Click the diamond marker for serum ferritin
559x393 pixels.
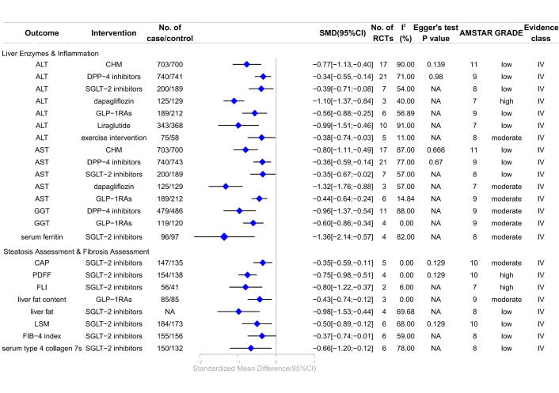(x=224, y=236)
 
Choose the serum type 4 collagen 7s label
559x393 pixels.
(x=41, y=347)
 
